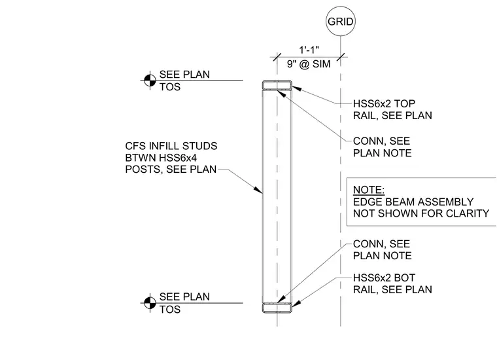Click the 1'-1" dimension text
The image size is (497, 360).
click(x=309, y=50)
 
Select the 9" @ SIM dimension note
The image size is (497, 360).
click(x=309, y=64)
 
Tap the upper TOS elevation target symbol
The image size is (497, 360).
click(x=150, y=81)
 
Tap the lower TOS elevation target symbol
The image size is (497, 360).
click(x=150, y=303)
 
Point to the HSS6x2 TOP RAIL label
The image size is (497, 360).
click(x=392, y=109)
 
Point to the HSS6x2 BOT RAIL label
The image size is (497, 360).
click(x=392, y=283)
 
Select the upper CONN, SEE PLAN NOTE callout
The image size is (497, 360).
click(x=383, y=147)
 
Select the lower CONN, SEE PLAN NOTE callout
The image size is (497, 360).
click(x=383, y=249)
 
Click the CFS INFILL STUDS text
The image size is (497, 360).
click(x=171, y=146)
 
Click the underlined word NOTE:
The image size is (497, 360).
click(x=369, y=190)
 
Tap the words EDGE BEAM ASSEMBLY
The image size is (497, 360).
click(x=413, y=202)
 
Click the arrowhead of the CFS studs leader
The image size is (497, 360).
click(x=258, y=190)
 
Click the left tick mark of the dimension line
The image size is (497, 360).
click(x=277, y=57)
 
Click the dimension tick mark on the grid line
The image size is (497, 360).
click(x=341, y=57)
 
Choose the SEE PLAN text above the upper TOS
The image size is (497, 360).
click(x=184, y=74)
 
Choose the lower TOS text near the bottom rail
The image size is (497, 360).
click(x=170, y=309)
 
